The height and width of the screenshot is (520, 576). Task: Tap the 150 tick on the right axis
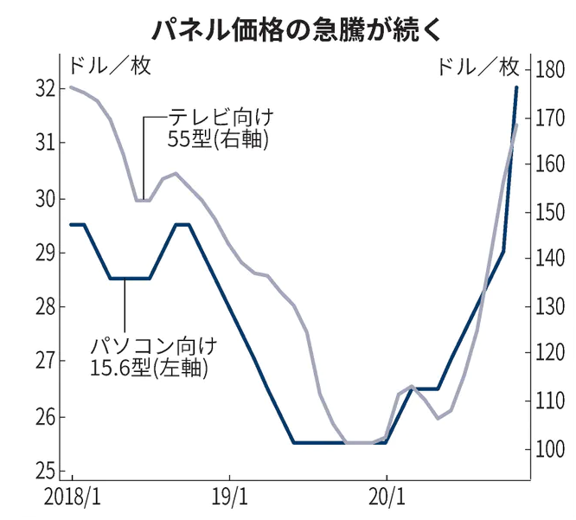pos(552,212)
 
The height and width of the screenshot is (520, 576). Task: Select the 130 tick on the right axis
pos(552,307)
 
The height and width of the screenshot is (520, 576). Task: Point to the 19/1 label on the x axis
pos(229,501)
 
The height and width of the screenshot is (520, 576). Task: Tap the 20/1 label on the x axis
pos(386,501)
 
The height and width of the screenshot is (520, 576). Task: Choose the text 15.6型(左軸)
pos(152,369)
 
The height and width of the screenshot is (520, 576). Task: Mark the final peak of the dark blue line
pos(516,87)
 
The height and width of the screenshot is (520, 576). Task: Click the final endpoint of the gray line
pos(516,125)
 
